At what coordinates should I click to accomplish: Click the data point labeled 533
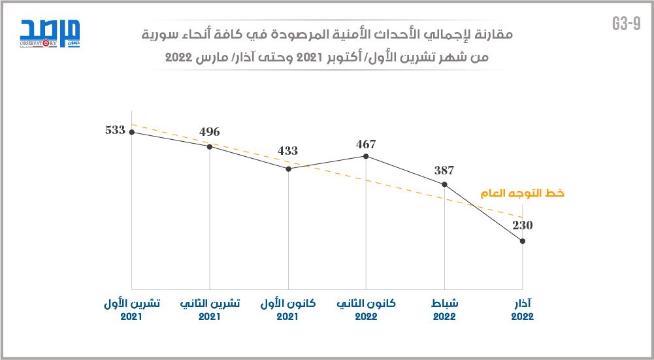coord(132,132)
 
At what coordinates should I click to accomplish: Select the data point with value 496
coord(210,146)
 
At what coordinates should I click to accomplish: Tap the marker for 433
coord(288,169)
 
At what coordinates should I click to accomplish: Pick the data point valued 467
coord(366,156)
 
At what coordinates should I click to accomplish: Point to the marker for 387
coord(444,184)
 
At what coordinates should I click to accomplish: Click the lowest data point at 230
coord(523,242)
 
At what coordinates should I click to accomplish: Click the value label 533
coord(115,129)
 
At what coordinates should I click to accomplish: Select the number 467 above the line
coord(366,143)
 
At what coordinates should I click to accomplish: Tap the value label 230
coord(523,225)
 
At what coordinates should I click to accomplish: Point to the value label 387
coord(444,171)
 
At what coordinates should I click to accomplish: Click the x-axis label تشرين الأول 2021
coord(131,310)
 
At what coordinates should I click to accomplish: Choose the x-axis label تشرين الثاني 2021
coord(210,310)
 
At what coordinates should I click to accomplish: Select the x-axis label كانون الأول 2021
coord(288,310)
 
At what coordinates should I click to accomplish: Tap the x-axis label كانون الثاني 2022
coord(366,310)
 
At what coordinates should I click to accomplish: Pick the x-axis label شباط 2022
coord(444,310)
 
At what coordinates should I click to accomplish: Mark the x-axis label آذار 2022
coord(523,310)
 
